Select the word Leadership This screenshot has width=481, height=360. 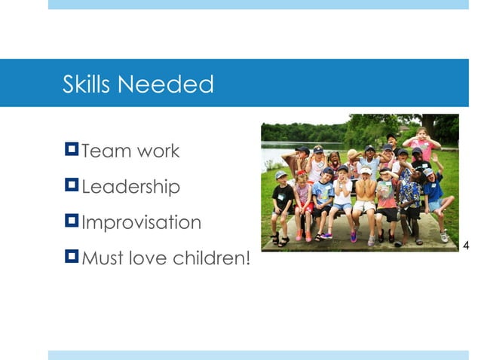click(x=130, y=187)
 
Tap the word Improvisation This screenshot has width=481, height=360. click(x=141, y=223)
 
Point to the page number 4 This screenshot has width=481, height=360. click(x=465, y=245)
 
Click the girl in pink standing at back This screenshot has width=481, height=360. click(x=422, y=145)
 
